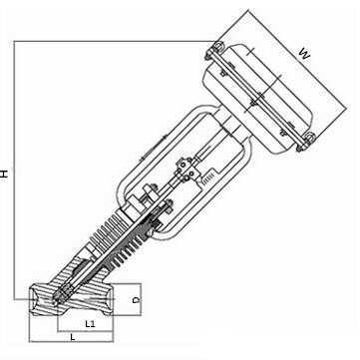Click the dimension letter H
click(x=7, y=173)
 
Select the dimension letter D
click(x=139, y=298)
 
